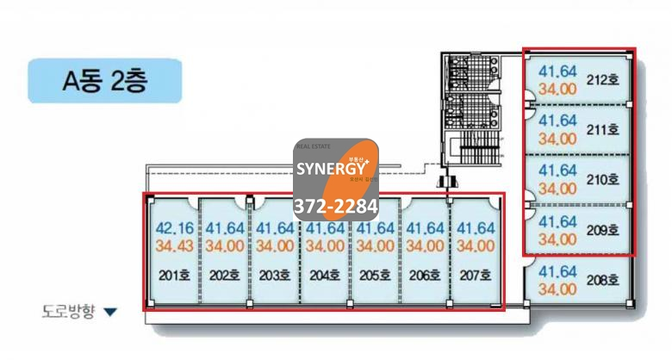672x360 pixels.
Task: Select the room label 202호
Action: point(224,276)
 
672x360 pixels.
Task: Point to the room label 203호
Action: point(274,276)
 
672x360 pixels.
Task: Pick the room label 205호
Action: point(375,276)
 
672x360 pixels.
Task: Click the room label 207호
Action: point(474,276)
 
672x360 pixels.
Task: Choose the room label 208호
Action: point(603,280)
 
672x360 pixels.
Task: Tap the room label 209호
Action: point(603,230)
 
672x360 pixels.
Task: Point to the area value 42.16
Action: point(175,228)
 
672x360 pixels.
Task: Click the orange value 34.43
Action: point(175,245)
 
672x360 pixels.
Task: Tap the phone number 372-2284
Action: point(336,207)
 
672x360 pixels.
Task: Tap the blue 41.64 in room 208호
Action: point(557,272)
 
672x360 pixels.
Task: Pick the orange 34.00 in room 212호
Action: point(557,88)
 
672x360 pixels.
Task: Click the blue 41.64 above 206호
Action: point(425,228)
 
